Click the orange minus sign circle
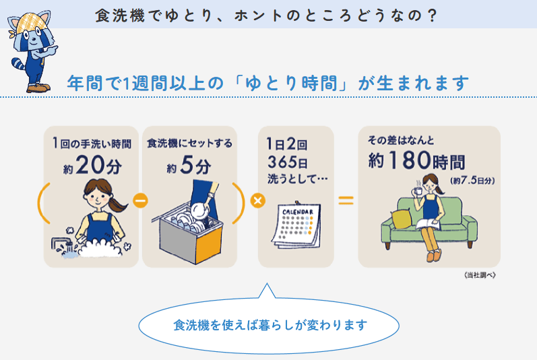140,200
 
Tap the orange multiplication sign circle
258,200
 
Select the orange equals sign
346,200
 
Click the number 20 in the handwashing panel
90,165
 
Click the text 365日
287,162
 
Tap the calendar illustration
297,224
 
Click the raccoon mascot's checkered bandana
32,22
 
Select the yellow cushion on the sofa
402,218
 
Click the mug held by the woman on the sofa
418,190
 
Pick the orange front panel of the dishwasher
209,244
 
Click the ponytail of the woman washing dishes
117,205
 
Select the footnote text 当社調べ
480,275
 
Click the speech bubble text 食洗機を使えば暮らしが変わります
270,325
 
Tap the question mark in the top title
432,16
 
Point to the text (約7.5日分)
472,180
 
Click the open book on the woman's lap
428,223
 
